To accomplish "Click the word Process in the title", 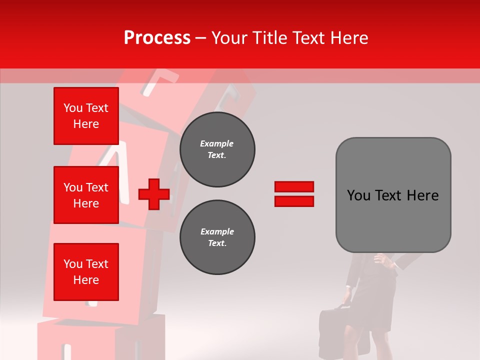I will [157, 38].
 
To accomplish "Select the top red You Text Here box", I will [86, 116].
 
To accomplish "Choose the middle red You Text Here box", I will [86, 195].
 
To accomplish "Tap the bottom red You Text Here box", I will [86, 272].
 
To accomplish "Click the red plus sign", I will [154, 194].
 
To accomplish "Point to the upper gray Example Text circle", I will [217, 149].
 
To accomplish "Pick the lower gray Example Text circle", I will [217, 237].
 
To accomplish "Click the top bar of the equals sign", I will [294, 187].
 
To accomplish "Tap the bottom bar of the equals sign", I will [294, 201].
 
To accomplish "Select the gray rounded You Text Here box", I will [393, 195].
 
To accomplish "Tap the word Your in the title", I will [229, 38].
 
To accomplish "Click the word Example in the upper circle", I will [217, 143].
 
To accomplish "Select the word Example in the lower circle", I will [217, 231].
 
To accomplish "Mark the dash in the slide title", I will [200, 38].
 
